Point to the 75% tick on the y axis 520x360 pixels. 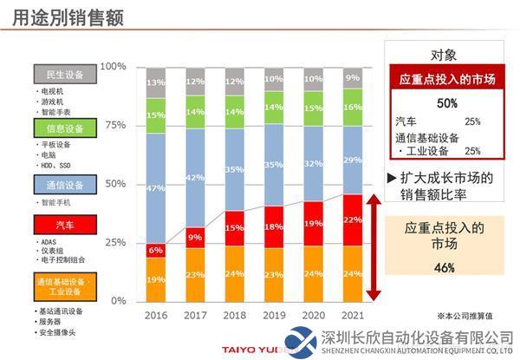point(114,125)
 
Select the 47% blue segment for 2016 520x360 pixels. point(156,188)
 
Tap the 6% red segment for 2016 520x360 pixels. point(156,250)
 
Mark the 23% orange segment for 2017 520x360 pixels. point(197,274)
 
